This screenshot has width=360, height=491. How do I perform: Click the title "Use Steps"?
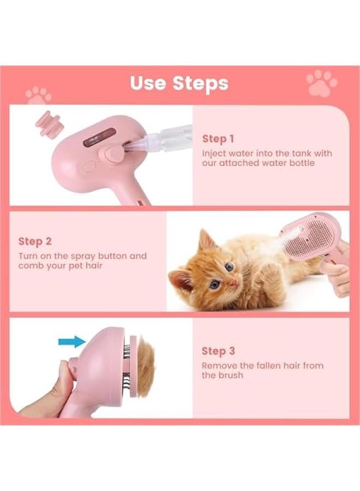(179, 83)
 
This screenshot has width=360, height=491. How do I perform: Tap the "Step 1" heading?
(218, 139)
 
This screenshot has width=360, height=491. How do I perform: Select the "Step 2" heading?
(34, 241)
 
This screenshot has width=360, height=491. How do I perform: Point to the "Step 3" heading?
(218, 351)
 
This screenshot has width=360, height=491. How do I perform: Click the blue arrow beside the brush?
(71, 342)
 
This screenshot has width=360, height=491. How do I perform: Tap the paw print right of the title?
(322, 83)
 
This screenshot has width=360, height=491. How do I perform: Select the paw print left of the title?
(38, 95)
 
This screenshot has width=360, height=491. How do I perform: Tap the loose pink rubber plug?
(46, 121)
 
